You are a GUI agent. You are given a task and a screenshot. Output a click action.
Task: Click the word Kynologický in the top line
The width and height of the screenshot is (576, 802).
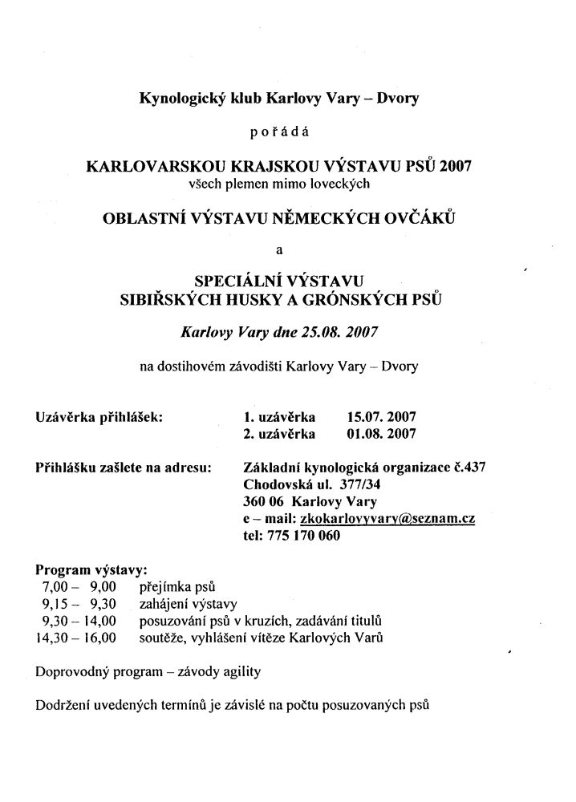[181, 99]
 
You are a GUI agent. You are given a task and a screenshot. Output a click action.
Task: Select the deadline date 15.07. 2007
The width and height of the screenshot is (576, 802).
[380, 417]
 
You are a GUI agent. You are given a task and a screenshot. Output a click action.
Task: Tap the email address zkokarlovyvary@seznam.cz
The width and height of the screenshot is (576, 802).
[385, 520]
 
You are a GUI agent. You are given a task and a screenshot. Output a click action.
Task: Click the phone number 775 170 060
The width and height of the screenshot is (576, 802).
[305, 537]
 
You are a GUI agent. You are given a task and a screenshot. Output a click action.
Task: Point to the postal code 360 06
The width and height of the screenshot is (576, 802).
[263, 503]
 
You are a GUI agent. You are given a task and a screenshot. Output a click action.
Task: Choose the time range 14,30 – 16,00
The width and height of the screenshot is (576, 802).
[75, 638]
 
